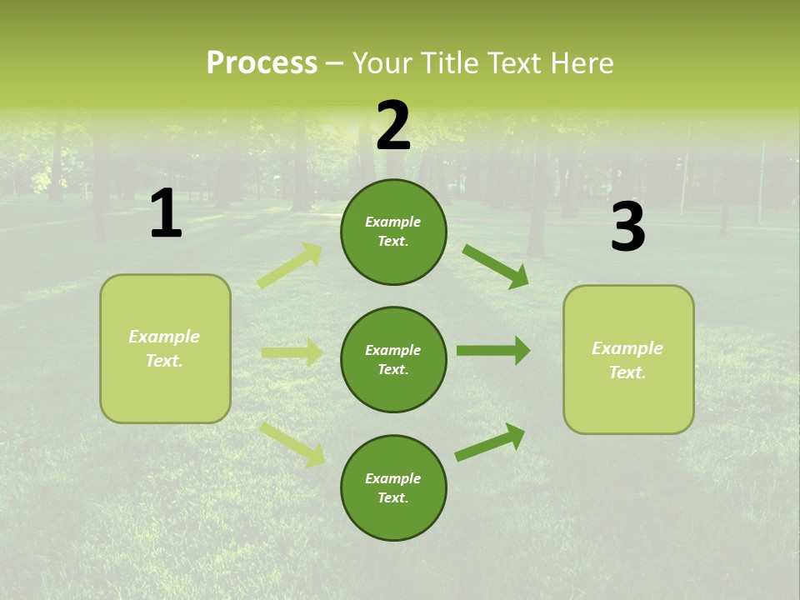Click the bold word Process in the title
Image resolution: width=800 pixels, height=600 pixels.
click(262, 62)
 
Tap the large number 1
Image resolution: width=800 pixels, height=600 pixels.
click(166, 214)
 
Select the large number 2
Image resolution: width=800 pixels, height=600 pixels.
click(393, 126)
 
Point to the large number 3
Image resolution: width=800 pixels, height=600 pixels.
click(627, 227)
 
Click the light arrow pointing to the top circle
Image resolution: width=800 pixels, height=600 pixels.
click(290, 266)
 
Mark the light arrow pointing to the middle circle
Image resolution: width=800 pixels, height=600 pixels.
click(292, 352)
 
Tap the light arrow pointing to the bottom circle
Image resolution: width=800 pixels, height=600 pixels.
click(292, 443)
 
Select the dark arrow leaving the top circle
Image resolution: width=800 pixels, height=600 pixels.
click(496, 267)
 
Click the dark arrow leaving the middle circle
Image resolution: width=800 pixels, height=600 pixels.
click(493, 350)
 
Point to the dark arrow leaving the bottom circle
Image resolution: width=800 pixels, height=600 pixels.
click(490, 442)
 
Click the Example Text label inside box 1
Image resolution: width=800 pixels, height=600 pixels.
click(164, 348)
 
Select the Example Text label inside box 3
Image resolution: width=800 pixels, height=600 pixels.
click(627, 360)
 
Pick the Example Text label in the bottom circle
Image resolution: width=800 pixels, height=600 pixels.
click(393, 488)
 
